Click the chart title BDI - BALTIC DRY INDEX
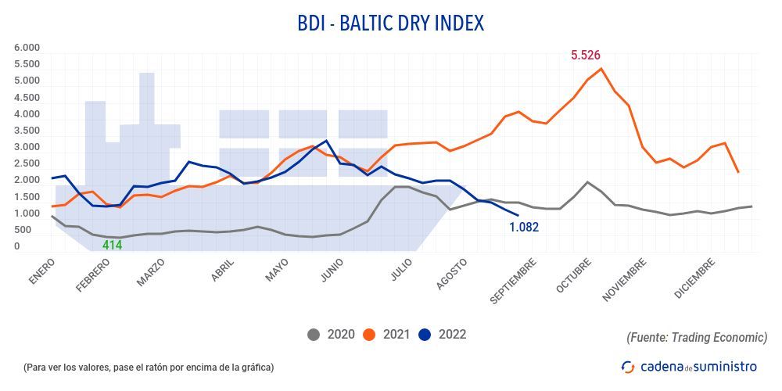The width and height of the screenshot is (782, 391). (x=391, y=23)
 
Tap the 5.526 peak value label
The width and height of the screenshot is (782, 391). (x=586, y=55)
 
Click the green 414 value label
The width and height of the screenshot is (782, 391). (x=113, y=246)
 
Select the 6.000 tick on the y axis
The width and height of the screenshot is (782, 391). (x=27, y=48)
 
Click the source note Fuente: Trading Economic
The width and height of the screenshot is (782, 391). (x=697, y=337)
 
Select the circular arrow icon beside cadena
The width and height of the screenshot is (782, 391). (x=628, y=366)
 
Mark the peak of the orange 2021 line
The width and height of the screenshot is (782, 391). (x=601, y=69)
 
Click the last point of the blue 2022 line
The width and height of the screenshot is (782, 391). (x=518, y=215)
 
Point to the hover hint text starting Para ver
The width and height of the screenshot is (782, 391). (x=149, y=367)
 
